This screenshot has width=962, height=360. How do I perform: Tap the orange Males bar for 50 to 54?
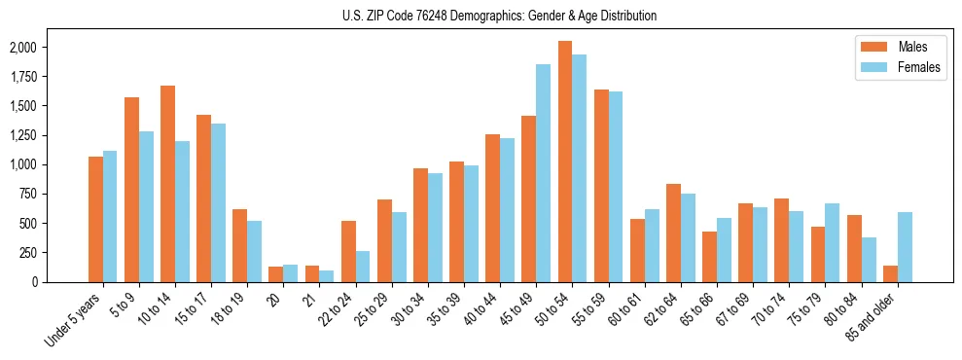[565, 162]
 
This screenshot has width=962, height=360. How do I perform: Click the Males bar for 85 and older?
[890, 273]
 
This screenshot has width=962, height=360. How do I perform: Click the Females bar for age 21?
[327, 276]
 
